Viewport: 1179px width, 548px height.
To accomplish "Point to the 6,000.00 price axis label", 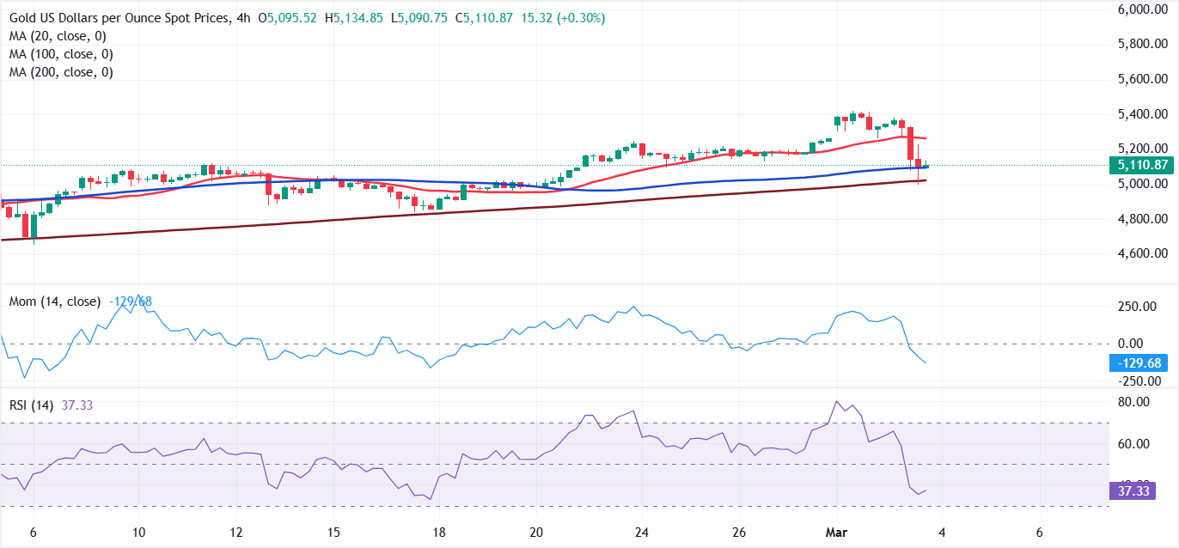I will coord(1141,9).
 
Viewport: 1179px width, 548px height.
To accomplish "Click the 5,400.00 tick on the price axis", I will coord(1141,114).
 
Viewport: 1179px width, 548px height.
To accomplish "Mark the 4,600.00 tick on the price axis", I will coord(1141,253).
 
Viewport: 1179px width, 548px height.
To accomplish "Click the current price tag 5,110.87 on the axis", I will coord(1141,165).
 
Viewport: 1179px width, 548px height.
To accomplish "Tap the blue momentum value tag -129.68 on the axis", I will coord(1141,363).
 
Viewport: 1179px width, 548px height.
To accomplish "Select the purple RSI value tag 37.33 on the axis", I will coord(1141,491).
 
